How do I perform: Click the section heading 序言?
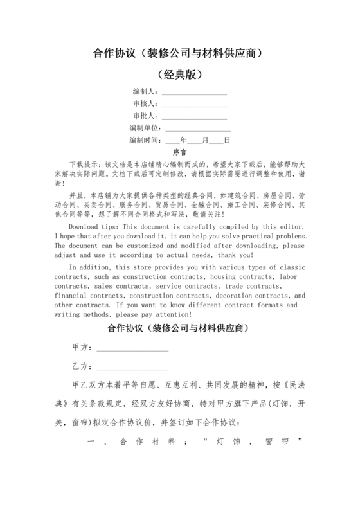point(180,152)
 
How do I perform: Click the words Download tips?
point(94,228)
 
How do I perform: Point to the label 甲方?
point(81,348)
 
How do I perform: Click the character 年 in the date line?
point(184,140)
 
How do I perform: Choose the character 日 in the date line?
point(227,140)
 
